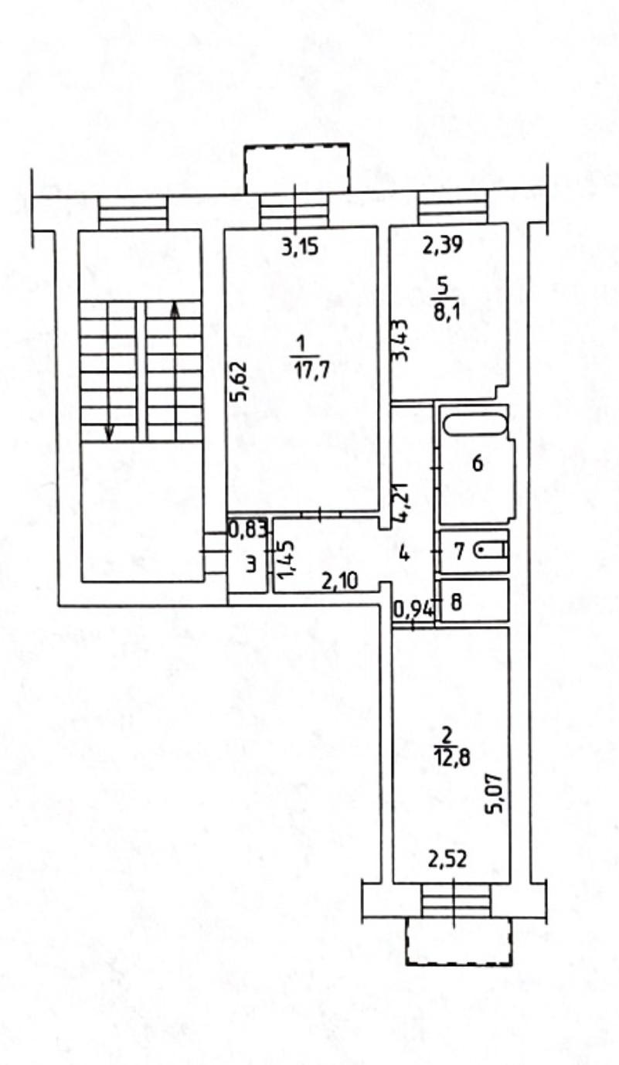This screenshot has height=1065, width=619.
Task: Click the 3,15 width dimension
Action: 300,248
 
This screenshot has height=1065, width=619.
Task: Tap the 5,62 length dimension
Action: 240,382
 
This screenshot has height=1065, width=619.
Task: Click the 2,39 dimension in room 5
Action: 443,245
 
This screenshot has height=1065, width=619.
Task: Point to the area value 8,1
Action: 444,314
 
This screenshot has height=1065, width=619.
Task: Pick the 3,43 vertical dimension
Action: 400,340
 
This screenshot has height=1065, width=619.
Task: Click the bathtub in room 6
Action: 475,424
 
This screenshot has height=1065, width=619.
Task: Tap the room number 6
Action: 478,462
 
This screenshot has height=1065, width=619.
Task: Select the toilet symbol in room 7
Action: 491,551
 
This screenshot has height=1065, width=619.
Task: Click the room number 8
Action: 456,602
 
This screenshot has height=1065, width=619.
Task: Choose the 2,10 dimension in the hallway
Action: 340,581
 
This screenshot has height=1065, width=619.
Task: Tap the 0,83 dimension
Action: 248,529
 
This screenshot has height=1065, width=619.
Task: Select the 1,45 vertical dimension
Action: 288,560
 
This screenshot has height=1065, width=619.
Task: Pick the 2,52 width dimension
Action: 447,859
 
